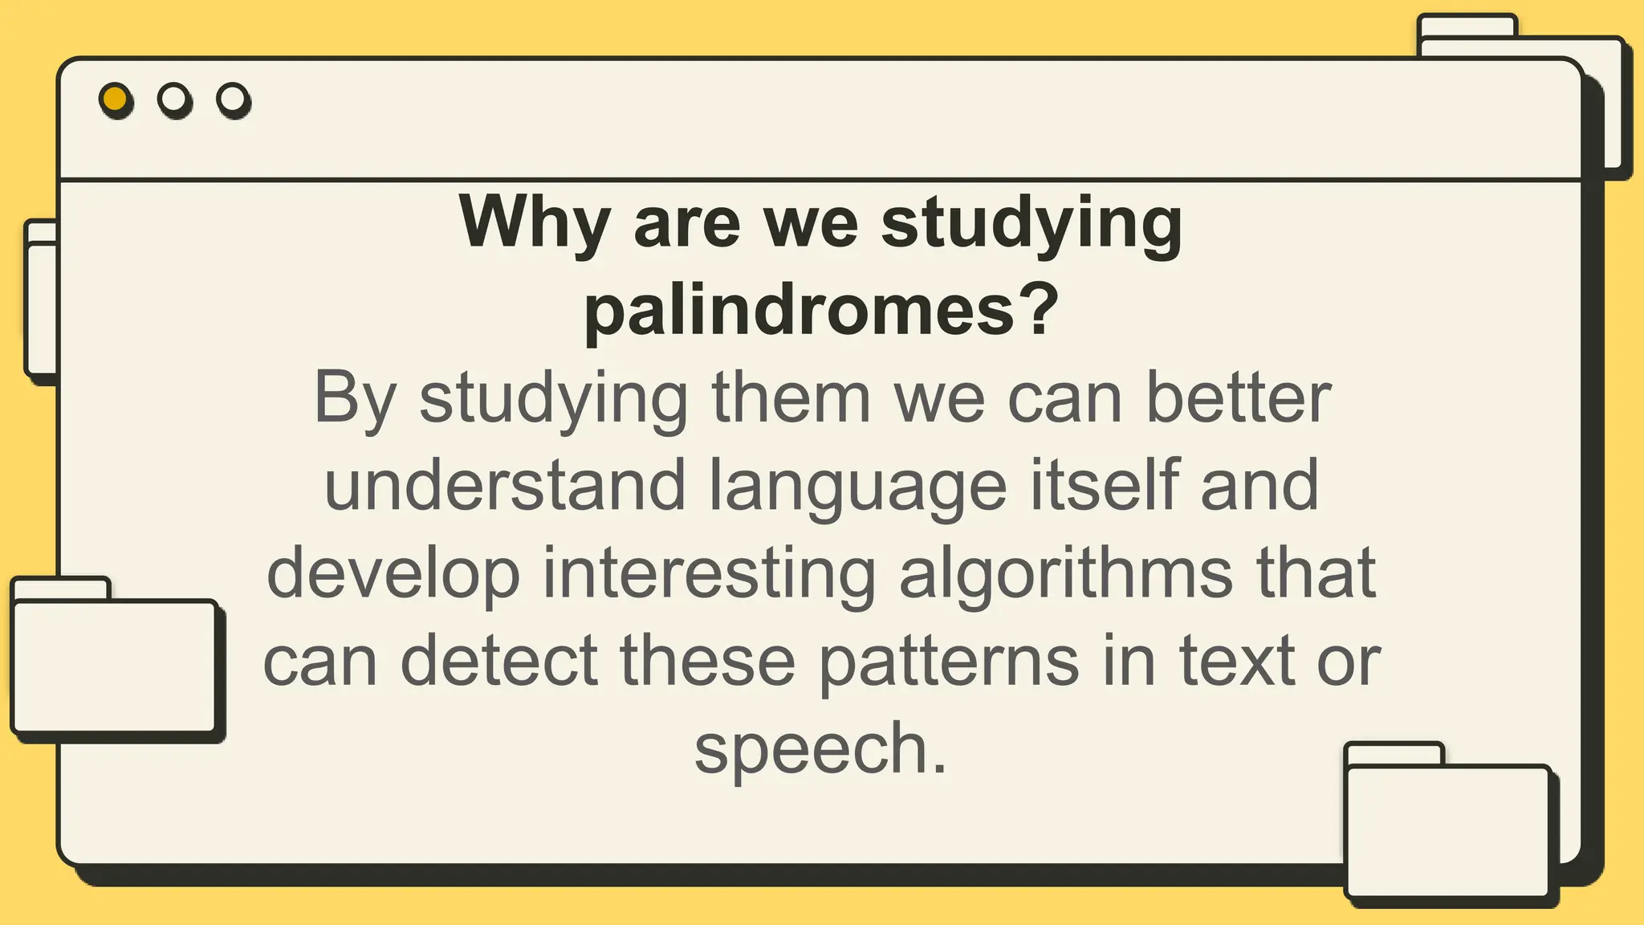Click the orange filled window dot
[116, 100]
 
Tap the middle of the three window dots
[174, 100]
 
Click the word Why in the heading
[534, 222]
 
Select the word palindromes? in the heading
[821, 310]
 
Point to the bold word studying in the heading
[1032, 224]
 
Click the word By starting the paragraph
[355, 399]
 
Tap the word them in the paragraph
[791, 397]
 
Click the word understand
[505, 485]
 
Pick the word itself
[1104, 485]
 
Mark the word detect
[498, 661]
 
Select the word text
[1237, 661]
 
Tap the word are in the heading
[686, 224]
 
